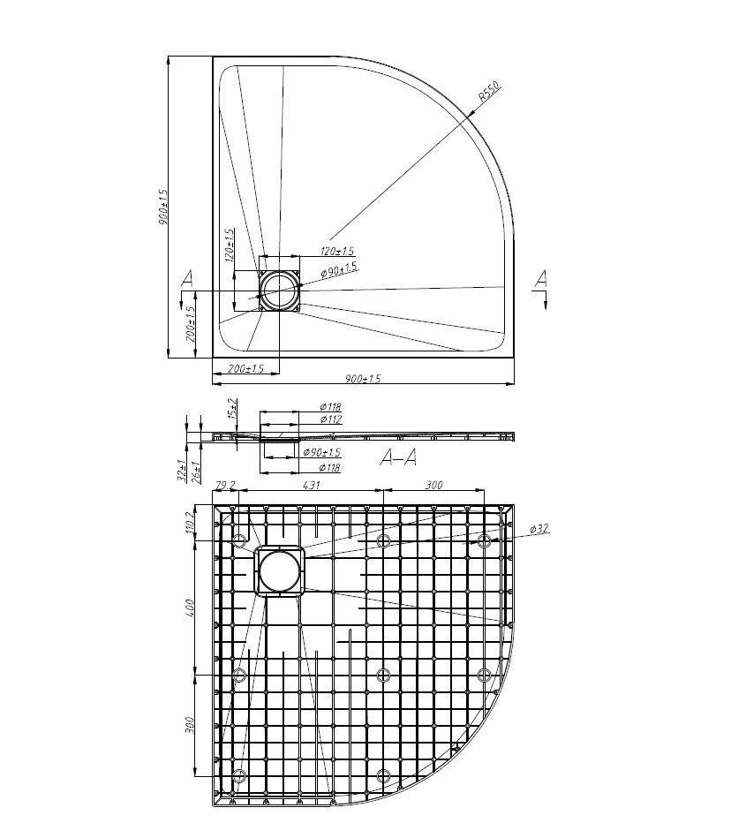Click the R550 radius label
coord(488,91)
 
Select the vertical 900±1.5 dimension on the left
coord(163,207)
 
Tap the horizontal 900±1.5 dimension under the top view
coord(363,379)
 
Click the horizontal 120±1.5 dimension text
coord(336,252)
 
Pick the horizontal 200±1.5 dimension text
coord(245,368)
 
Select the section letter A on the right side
coord(540,280)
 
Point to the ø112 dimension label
coord(330,419)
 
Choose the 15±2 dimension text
coord(231,408)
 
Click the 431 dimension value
coord(310,485)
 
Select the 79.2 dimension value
coord(225,485)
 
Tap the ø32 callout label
coord(539,529)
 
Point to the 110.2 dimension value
coord(189,522)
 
